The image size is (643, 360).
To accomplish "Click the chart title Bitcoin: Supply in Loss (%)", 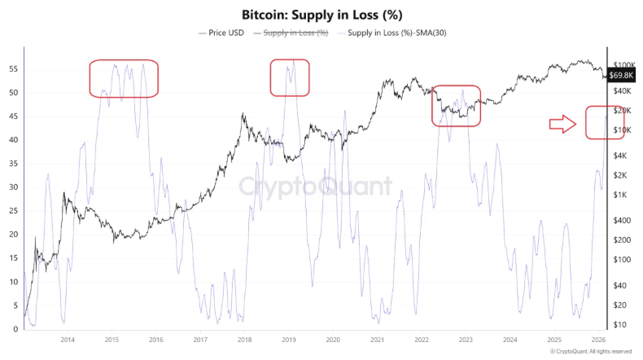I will [x=322, y=15].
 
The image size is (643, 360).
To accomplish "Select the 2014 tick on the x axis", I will [x=68, y=339].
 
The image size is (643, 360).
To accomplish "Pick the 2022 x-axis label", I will [x=422, y=339].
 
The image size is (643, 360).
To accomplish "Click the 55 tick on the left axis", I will [x=13, y=69].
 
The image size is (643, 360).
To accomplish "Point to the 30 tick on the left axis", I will [x=13, y=187].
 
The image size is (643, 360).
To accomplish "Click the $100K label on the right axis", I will [x=624, y=64].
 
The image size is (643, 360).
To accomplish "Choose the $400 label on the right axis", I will [x=623, y=220].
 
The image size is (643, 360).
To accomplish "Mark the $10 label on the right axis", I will [x=620, y=325].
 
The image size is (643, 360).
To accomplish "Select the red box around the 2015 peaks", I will [x=124, y=78].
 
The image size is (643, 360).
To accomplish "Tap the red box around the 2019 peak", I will [x=291, y=77].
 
